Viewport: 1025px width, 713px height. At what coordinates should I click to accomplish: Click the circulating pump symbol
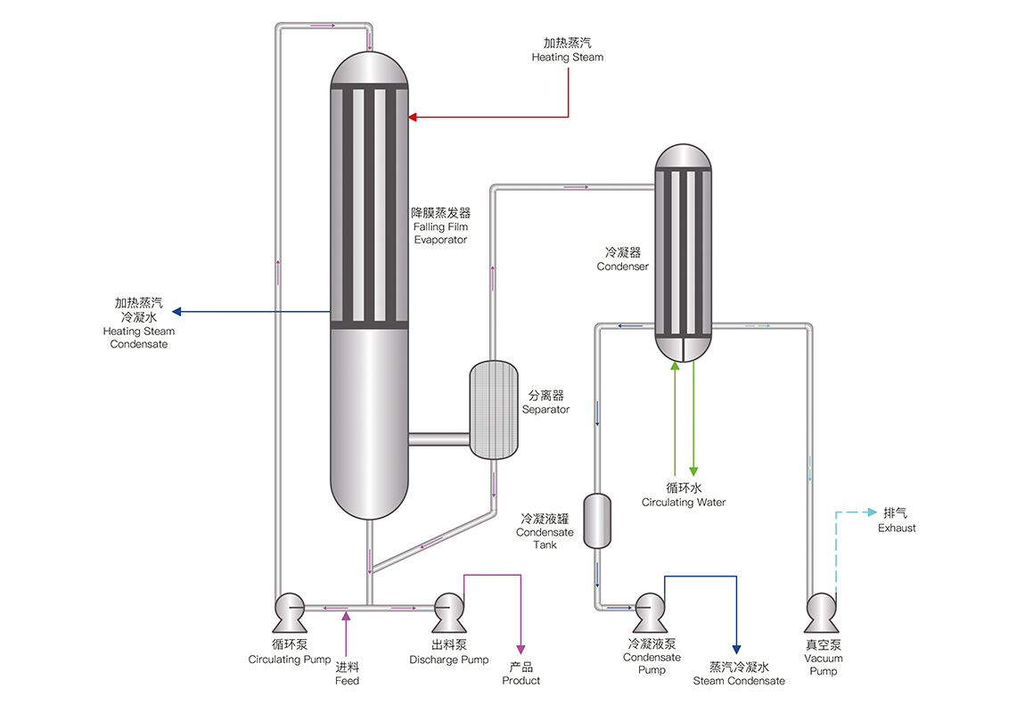point(289,611)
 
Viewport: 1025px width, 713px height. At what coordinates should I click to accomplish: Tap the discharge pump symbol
point(448,611)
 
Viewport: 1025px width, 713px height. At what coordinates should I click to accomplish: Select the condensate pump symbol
point(649,611)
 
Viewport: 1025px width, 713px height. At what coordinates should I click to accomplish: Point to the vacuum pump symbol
point(820,611)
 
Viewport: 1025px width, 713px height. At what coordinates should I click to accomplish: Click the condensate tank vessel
point(596,520)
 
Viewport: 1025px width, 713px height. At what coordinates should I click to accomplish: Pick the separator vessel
point(493,410)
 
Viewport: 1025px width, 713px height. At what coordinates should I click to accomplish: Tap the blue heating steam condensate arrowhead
point(176,311)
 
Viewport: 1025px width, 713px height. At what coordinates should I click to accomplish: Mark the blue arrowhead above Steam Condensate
point(736,650)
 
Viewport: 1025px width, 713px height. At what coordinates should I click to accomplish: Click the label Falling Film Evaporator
point(439,227)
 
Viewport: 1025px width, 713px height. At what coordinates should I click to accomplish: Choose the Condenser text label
point(622,266)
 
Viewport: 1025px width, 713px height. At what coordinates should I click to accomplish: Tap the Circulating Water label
point(684,502)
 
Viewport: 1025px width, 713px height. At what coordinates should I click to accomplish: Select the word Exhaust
point(897,528)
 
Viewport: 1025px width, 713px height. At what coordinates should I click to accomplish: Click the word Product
point(521,681)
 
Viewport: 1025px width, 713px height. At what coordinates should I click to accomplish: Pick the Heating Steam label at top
point(568,57)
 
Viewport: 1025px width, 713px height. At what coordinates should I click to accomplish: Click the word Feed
point(347,681)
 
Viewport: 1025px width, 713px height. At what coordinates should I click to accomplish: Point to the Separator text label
point(545,409)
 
